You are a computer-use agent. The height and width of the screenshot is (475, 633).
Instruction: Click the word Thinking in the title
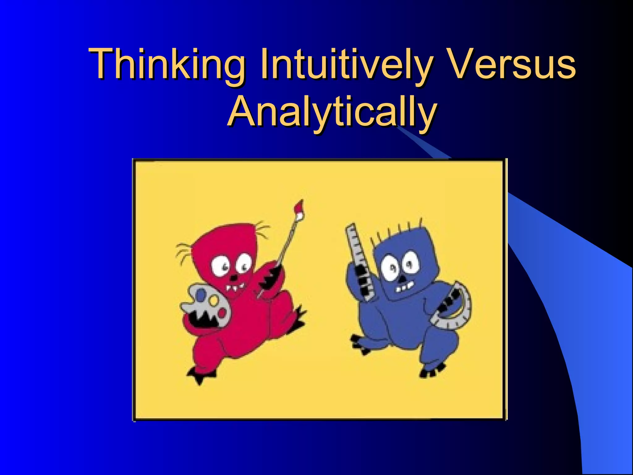(x=167, y=64)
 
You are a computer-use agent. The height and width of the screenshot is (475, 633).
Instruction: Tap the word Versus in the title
(x=511, y=64)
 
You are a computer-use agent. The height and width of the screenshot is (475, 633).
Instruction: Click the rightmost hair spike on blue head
(x=421, y=223)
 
